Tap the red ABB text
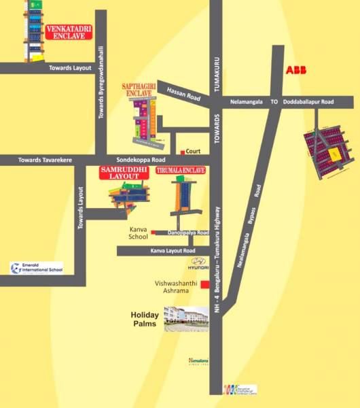(x=296, y=70)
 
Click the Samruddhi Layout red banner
(x=124, y=172)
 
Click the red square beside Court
(x=182, y=151)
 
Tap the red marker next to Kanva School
(x=154, y=233)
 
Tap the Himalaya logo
(x=197, y=362)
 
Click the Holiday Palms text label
(x=145, y=319)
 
